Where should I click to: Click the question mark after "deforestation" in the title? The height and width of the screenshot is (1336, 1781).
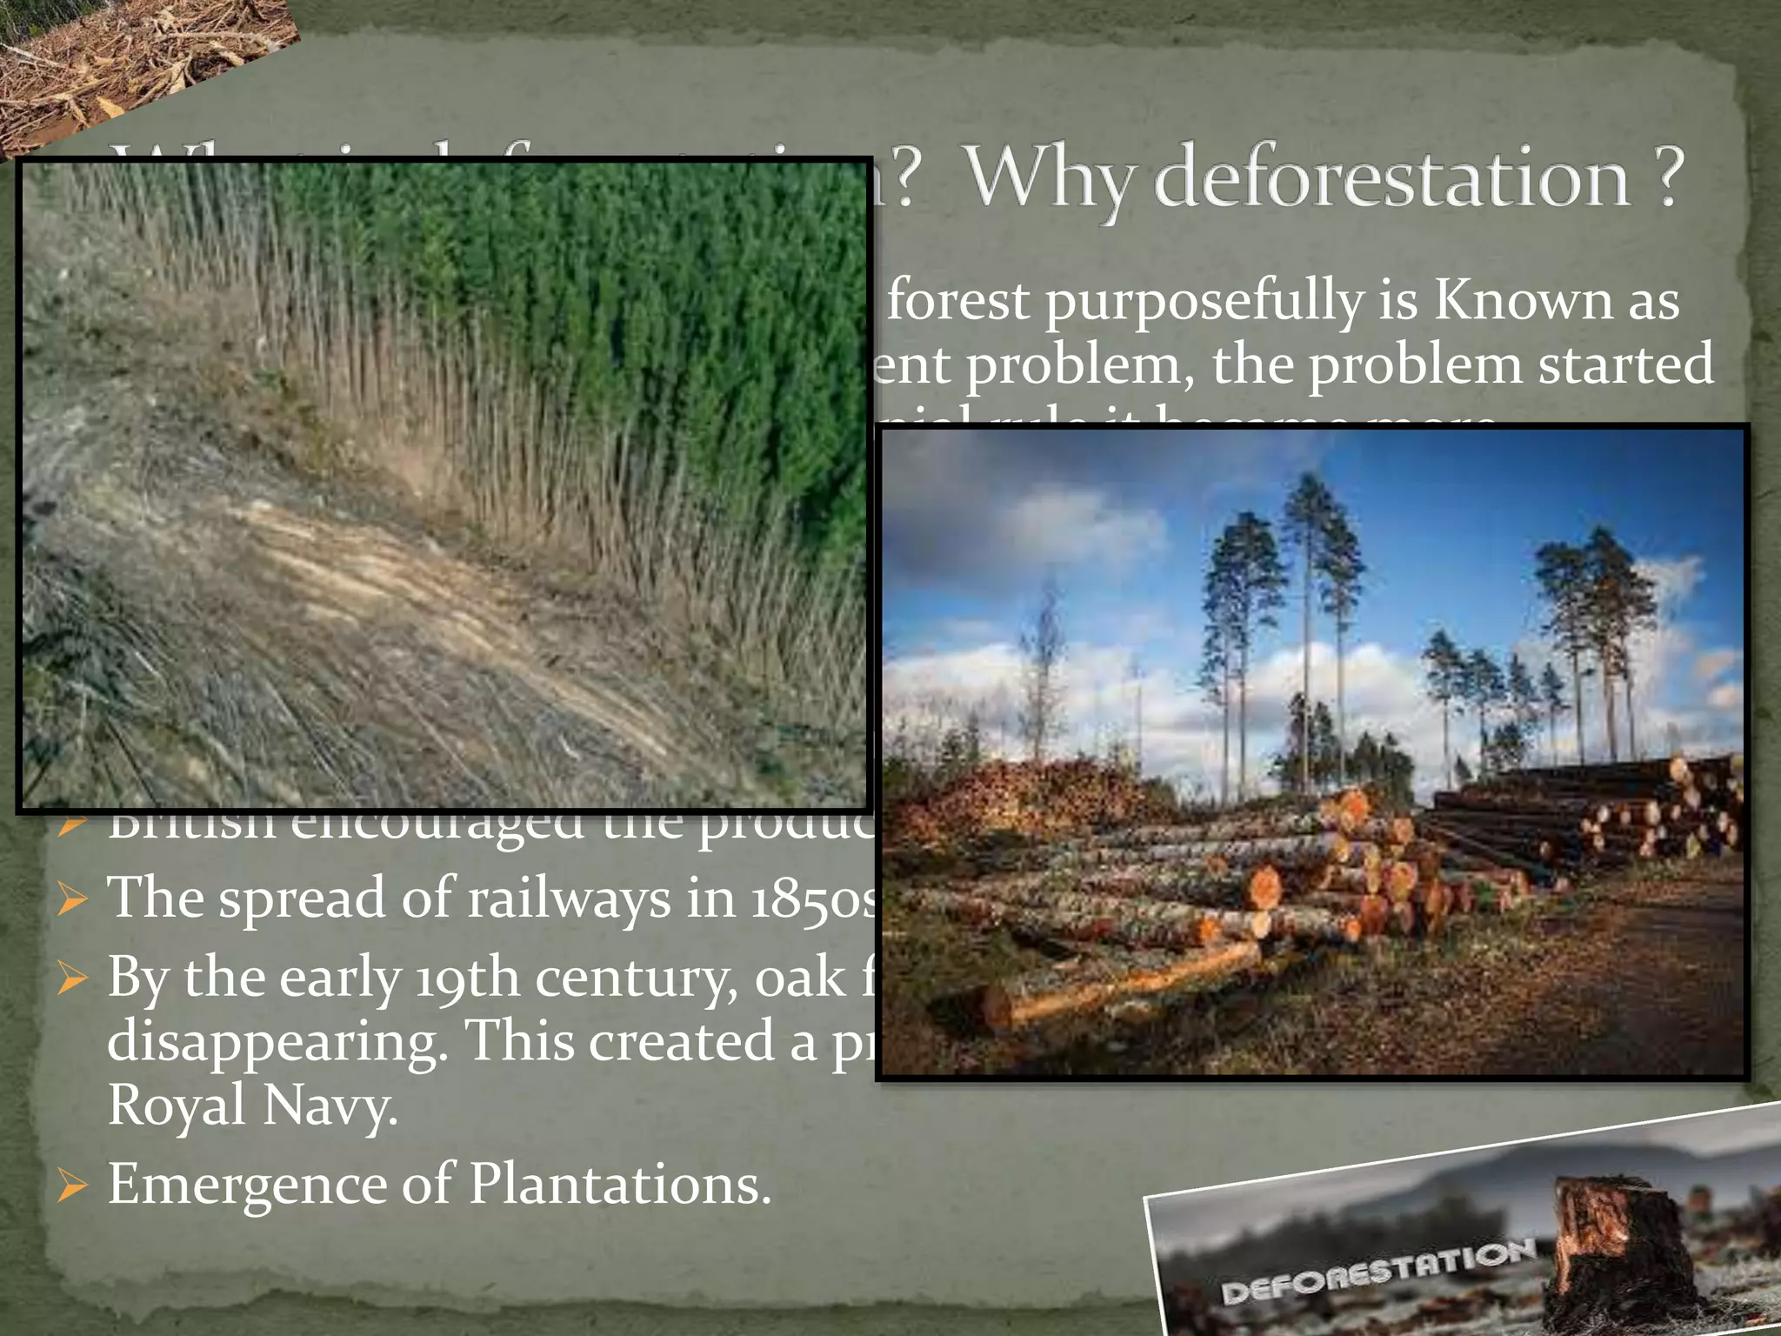pyautogui.click(x=1667, y=177)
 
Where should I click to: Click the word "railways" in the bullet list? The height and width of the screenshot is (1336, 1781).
pyautogui.click(x=569, y=898)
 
